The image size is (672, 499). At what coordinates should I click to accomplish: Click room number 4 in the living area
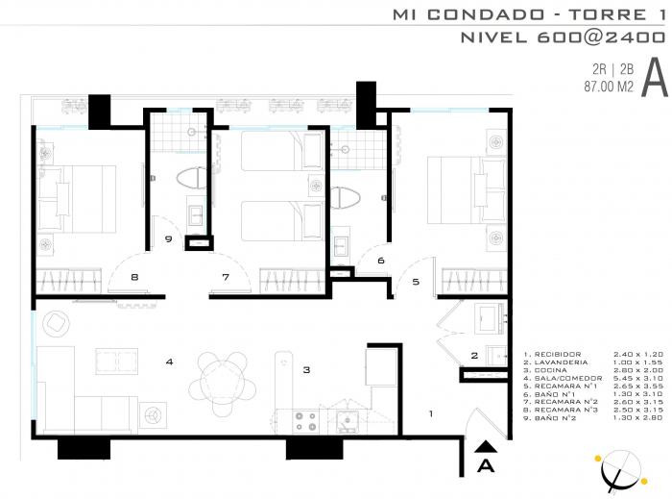coord(169,362)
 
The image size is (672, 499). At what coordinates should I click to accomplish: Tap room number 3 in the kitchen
coord(306,369)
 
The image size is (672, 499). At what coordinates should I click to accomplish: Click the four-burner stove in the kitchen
coord(306,421)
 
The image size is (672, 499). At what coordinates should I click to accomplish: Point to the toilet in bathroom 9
coord(192,179)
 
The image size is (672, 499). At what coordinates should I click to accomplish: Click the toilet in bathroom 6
coord(346,198)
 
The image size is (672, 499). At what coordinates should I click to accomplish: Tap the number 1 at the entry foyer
coord(431,413)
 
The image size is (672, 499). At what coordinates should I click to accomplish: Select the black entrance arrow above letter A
coord(486,447)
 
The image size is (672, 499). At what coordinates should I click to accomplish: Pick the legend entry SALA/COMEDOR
coord(568,378)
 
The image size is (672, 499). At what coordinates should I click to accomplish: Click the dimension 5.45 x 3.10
coord(638,378)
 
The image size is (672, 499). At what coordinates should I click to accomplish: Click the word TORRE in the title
coord(608,15)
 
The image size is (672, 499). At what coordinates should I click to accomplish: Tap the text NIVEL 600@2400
coord(563,37)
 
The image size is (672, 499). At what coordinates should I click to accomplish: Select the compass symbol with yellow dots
coord(620,471)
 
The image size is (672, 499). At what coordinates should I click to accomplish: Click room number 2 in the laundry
coord(474,356)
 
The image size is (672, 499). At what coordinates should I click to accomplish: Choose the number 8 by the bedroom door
coord(134,277)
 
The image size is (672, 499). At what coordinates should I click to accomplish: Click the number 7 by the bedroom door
coord(226,277)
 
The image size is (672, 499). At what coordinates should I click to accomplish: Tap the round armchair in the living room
coord(56,323)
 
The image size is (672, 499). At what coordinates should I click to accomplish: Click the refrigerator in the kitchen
coord(380,367)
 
